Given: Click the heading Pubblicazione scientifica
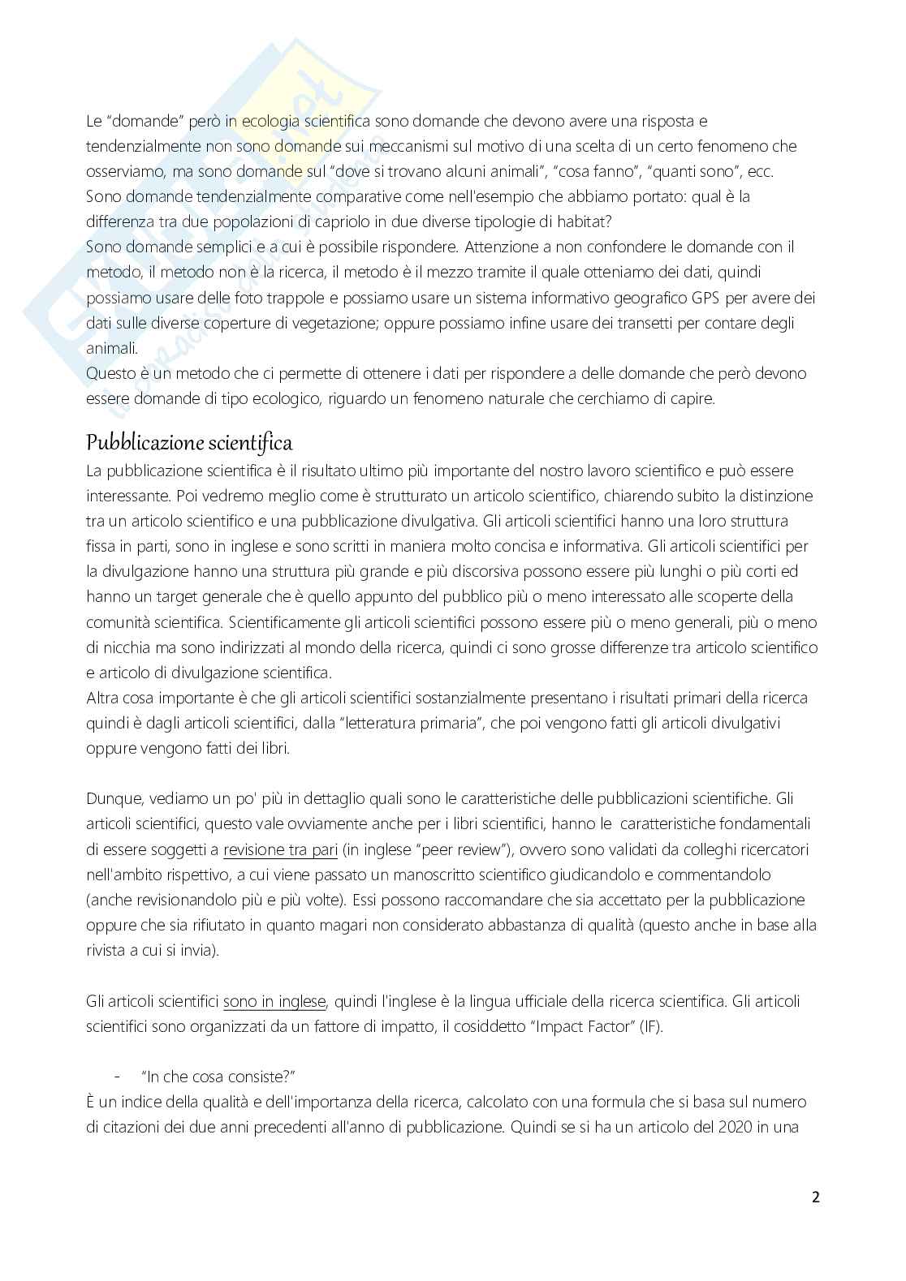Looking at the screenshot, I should click(x=189, y=443).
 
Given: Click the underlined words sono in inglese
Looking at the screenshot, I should click(x=274, y=1001).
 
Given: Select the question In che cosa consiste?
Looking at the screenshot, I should click(x=218, y=1077).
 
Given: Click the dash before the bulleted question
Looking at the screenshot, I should click(x=119, y=1077).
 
